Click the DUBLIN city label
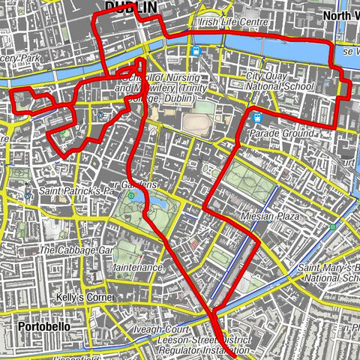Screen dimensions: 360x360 point(131,7)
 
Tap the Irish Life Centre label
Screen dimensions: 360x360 point(232,23)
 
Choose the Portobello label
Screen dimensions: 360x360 point(42,327)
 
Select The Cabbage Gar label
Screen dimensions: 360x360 point(76,250)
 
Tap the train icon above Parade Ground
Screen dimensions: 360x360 point(257,117)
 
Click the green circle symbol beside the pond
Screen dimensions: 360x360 point(131,196)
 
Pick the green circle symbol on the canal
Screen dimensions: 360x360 point(332,226)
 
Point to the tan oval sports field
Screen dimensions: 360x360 point(197,121)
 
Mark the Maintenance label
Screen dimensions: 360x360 point(137,268)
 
